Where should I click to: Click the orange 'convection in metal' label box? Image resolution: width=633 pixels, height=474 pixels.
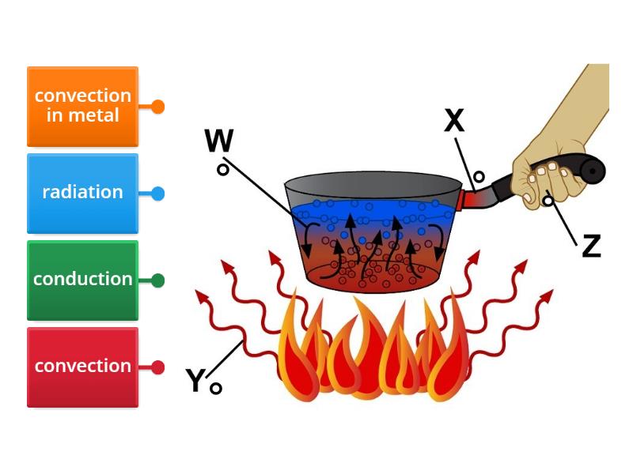click(x=82, y=106)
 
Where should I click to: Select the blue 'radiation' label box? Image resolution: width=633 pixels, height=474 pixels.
click(x=82, y=193)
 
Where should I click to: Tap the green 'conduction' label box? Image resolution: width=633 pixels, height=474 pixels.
click(x=82, y=280)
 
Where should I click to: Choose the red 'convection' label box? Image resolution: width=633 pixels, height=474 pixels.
click(x=82, y=367)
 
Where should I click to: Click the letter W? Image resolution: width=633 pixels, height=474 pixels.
click(x=218, y=142)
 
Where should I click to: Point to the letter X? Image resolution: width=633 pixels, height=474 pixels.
click(x=454, y=121)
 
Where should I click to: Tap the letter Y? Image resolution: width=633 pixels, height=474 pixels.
click(x=195, y=381)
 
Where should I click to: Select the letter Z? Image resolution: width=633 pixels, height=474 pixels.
click(x=591, y=246)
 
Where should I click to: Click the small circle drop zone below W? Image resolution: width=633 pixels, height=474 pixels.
click(x=224, y=170)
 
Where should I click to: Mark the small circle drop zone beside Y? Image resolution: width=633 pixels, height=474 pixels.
click(x=216, y=388)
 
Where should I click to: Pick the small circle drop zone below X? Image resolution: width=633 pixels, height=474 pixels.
click(x=478, y=177)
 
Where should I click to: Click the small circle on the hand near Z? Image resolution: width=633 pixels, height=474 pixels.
click(x=548, y=201)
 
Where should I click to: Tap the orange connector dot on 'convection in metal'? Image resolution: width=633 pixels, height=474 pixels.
click(x=157, y=107)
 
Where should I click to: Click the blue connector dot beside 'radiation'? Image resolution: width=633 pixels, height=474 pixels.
click(x=157, y=194)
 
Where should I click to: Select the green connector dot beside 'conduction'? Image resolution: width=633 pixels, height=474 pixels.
click(x=157, y=280)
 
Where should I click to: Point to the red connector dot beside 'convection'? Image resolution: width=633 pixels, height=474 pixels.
click(x=157, y=367)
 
